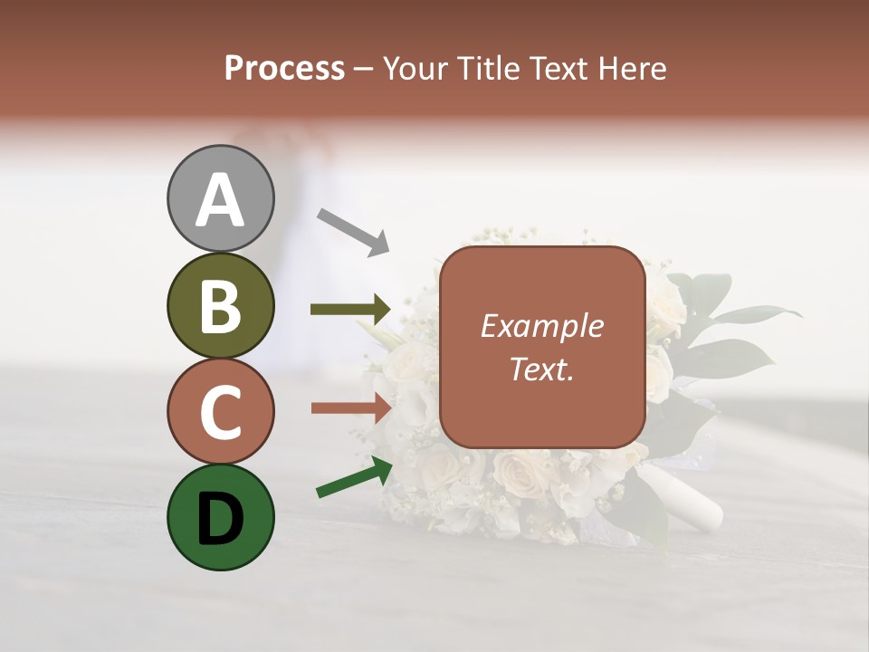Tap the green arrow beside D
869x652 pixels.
click(354, 477)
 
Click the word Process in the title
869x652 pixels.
click(284, 69)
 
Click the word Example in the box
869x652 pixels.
click(541, 326)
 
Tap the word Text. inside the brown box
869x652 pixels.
click(541, 369)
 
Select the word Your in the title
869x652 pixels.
click(416, 69)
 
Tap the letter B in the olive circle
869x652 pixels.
click(221, 307)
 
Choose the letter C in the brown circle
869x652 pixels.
click(221, 413)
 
